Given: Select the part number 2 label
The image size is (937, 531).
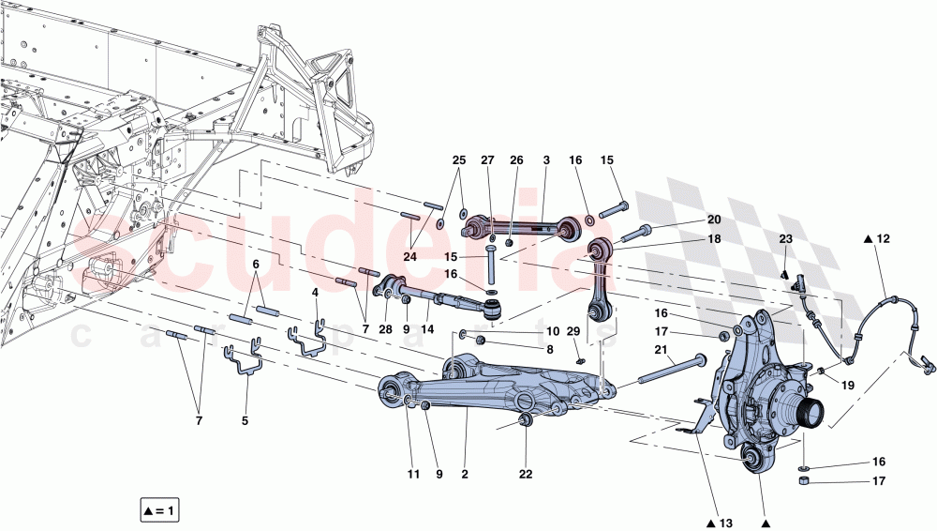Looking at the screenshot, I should point(465,475).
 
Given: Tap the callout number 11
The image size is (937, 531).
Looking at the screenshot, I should point(413,475).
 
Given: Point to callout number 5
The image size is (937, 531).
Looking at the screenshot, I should point(245,421).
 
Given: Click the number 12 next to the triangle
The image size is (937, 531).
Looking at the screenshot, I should point(884,240).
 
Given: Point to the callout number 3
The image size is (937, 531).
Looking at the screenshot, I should point(545,160).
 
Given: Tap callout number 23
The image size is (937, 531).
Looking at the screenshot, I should point(785,238).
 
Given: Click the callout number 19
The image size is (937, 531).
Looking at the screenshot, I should point(847,384).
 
